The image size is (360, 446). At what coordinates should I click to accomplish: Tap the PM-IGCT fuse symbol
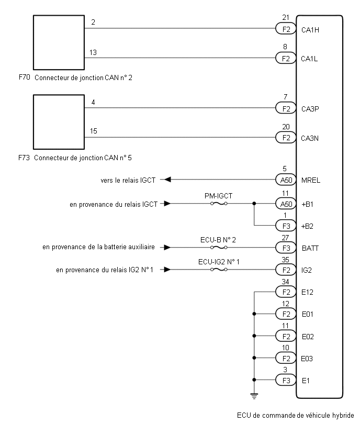coord(218,204)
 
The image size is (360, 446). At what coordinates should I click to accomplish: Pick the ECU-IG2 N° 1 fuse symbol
coord(218,270)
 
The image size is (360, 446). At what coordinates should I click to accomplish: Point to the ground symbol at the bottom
coord(254,396)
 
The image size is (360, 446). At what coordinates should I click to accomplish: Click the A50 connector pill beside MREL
coord(286,180)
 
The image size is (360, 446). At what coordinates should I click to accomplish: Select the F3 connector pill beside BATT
coord(286,248)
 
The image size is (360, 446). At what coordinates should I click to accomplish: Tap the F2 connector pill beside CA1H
coord(286,29)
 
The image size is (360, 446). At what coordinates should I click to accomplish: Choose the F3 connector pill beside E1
coord(286,380)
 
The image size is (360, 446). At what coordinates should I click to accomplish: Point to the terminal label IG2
coord(307,270)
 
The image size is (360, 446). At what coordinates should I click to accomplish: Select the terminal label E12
coord(307,292)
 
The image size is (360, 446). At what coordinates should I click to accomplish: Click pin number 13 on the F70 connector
coord(93,52)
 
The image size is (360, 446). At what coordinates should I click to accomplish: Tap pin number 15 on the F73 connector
coord(93,131)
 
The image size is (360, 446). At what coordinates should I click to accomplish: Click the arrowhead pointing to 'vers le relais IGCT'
coord(168,180)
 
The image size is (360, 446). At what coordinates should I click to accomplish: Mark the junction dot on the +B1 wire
coord(254,204)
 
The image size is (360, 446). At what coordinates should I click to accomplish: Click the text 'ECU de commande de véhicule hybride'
coord(295,416)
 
